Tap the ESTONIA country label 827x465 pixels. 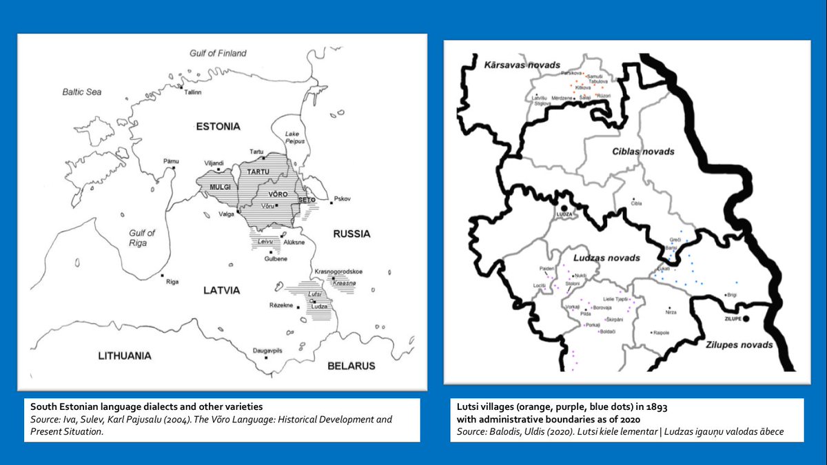tap(218, 126)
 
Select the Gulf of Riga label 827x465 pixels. tap(142, 238)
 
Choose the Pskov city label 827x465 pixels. tap(343, 198)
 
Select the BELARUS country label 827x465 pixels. tap(351, 365)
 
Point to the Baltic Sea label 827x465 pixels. tap(82, 91)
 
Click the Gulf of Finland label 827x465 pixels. tap(218, 53)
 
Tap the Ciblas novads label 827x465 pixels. tap(643, 151)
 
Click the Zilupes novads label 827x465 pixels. tap(738, 344)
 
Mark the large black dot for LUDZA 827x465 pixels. tap(564, 207)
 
